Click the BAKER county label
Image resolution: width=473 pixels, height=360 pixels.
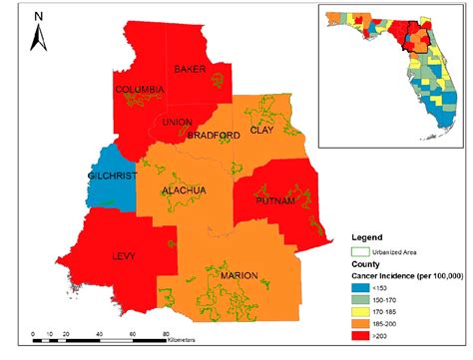click(x=190, y=70)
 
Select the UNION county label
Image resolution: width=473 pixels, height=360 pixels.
click(x=176, y=123)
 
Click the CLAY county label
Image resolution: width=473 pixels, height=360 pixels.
click(x=261, y=130)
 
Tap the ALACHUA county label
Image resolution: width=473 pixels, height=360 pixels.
click(x=184, y=189)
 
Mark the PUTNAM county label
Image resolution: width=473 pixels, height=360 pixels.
click(x=274, y=201)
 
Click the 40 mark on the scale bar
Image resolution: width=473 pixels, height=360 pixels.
click(x=99, y=333)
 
